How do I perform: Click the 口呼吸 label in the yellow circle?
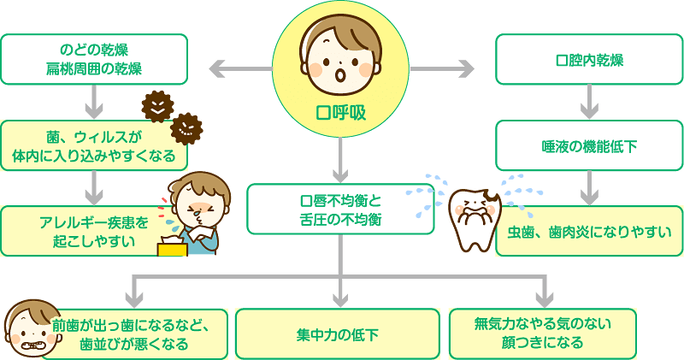pos(340,112)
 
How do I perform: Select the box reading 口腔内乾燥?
pos(589,60)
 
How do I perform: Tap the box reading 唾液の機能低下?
pos(589,145)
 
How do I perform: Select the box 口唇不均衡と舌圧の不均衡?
pos(340,210)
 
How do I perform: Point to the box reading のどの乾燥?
pos(94,59)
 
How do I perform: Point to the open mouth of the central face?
pos(340,76)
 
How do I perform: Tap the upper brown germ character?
pos(157,106)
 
